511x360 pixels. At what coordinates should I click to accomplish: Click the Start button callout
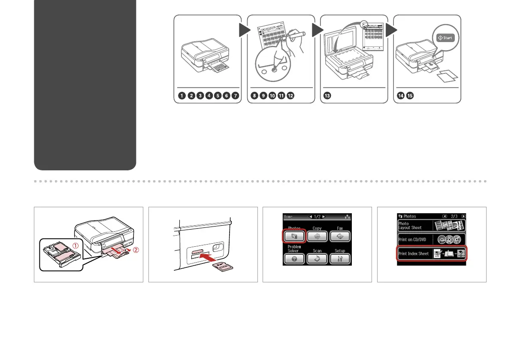pos(445,38)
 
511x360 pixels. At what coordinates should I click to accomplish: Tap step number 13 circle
pos(327,96)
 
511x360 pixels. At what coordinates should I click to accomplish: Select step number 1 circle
pos(182,96)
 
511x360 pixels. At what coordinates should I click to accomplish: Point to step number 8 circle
pos(254,96)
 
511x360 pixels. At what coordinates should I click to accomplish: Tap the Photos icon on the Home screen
pos(294,236)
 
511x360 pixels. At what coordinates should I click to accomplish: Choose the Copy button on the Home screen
pos(317,236)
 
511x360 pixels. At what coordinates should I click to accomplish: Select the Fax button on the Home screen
pos(339,236)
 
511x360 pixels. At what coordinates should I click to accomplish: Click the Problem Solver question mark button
pos(294,259)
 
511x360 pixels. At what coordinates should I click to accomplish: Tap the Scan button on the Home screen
pos(317,259)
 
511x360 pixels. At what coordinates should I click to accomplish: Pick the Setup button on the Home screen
pos(339,259)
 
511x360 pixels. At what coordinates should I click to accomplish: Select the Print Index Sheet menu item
pos(431,254)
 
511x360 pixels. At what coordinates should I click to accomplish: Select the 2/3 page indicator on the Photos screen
pos(451,216)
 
